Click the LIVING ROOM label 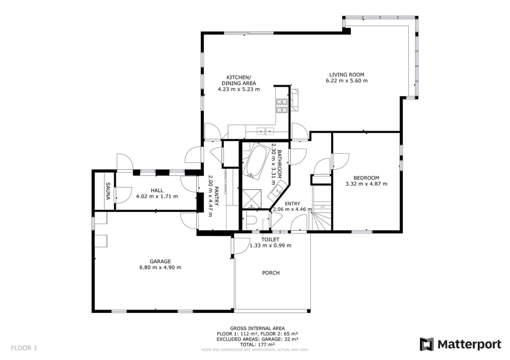[x=347, y=75]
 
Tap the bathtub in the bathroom [x=255, y=161]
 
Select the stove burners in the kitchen [x=281, y=106]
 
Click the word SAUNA [x=108, y=191]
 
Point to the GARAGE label [x=161, y=261]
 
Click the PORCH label [x=271, y=273]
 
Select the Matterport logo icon [x=427, y=344]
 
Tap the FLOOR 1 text [x=24, y=348]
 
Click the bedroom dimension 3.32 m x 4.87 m [x=366, y=184]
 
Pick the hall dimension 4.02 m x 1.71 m [x=157, y=197]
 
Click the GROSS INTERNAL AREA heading [x=258, y=328]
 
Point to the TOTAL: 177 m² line [x=257, y=344]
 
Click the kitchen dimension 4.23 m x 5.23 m [x=239, y=89]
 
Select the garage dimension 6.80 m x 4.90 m [x=161, y=268]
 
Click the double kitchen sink [x=265, y=131]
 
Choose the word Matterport [x=469, y=344]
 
